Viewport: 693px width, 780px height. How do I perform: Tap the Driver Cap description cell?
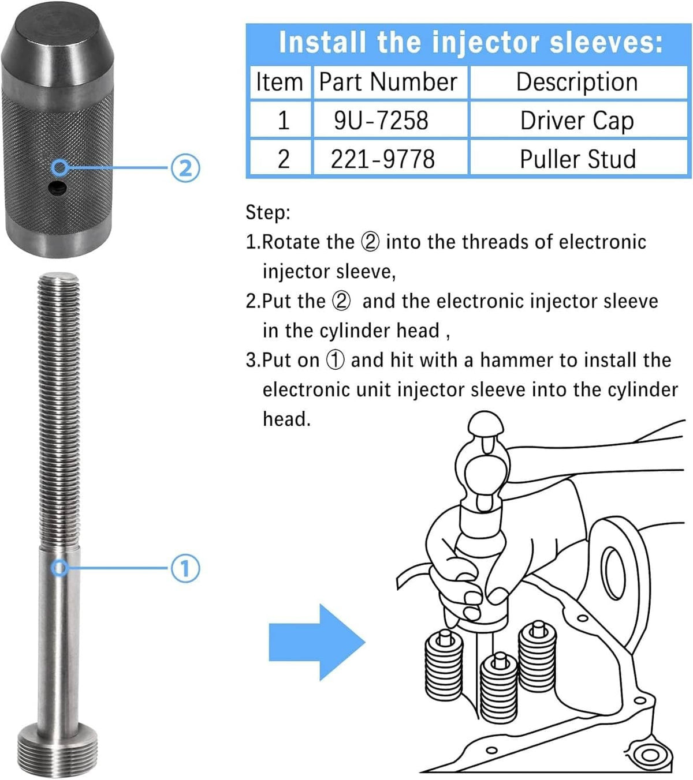coord(578,120)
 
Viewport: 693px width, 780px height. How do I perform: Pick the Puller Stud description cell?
coord(578,158)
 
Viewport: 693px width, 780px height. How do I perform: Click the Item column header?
coord(280,81)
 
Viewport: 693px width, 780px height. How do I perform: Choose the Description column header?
coord(578,81)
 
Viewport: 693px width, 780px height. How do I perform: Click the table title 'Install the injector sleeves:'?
coord(471,42)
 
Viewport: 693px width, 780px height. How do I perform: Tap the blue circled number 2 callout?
coord(185,168)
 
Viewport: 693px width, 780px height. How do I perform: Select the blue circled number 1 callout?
coord(185,568)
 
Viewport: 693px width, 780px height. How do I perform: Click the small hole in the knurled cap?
coord(57,188)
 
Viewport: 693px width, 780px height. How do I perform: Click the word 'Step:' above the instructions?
coord(268,212)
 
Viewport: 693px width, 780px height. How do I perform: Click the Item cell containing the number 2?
coord(283,158)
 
